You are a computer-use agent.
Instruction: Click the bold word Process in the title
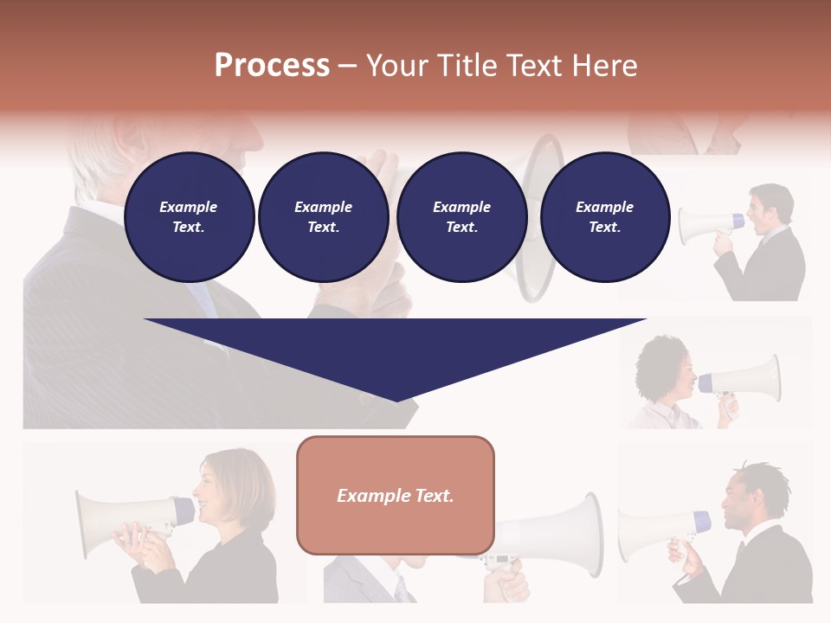[x=272, y=66]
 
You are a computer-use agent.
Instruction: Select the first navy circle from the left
[x=189, y=217]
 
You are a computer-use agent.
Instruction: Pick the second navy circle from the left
[x=323, y=217]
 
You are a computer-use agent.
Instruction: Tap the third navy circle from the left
[x=461, y=217]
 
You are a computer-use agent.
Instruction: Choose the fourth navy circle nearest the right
[x=604, y=217]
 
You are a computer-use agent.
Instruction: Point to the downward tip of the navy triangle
[x=396, y=400]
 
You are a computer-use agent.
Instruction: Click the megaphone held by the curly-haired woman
[x=743, y=378]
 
